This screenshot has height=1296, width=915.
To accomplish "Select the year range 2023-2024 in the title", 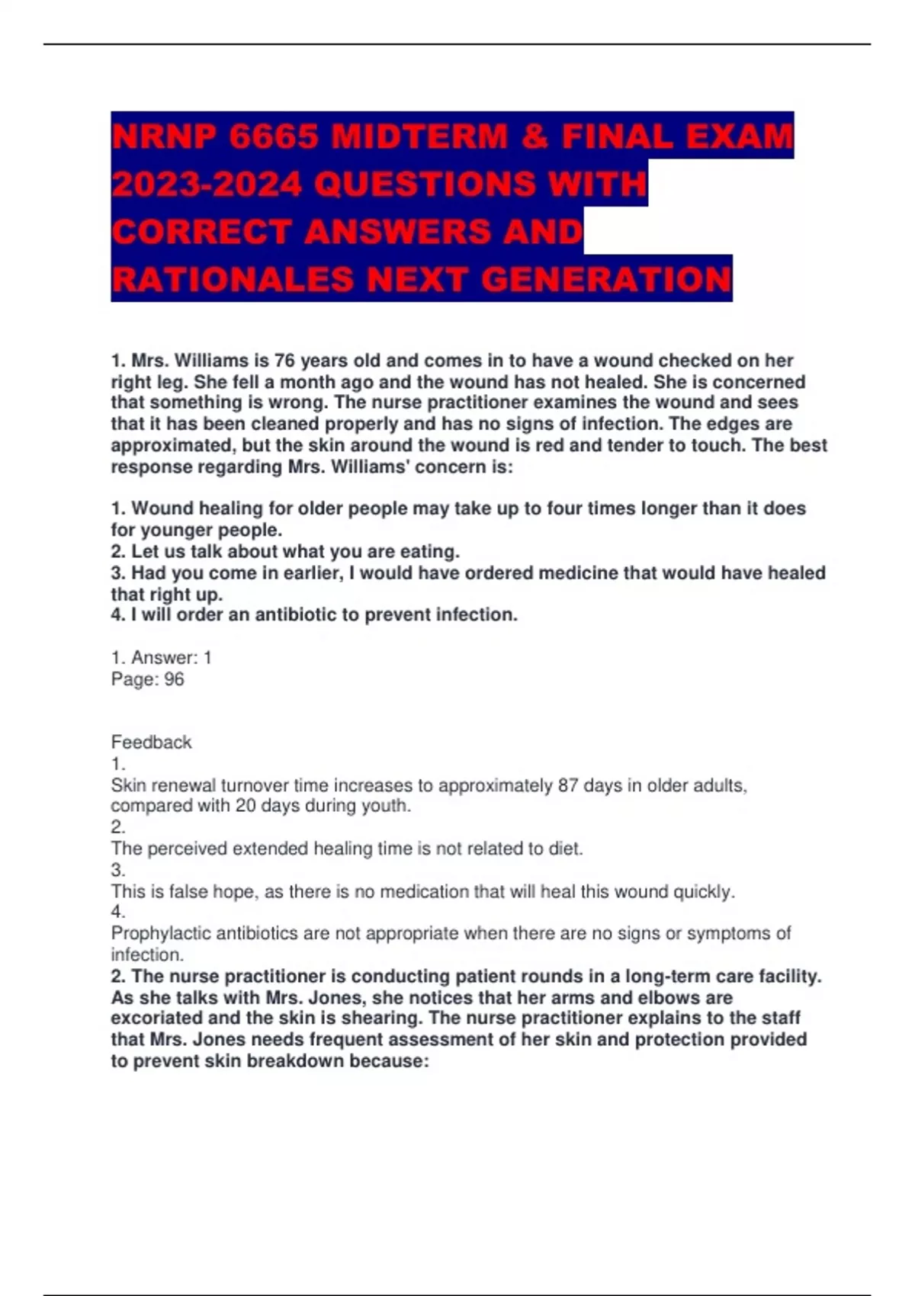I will pos(206,184).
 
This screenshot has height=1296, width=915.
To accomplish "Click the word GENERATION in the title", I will pos(606,279).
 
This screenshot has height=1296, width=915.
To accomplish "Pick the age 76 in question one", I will pos(284,361).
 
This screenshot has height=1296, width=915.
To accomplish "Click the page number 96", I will pos(174,679).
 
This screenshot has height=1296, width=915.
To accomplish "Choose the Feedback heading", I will pos(151,742).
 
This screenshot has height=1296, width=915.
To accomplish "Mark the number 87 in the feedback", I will pos(567,785).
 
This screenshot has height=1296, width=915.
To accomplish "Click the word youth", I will pos(387,806).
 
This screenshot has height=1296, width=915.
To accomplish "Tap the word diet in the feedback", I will pos(565,848).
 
